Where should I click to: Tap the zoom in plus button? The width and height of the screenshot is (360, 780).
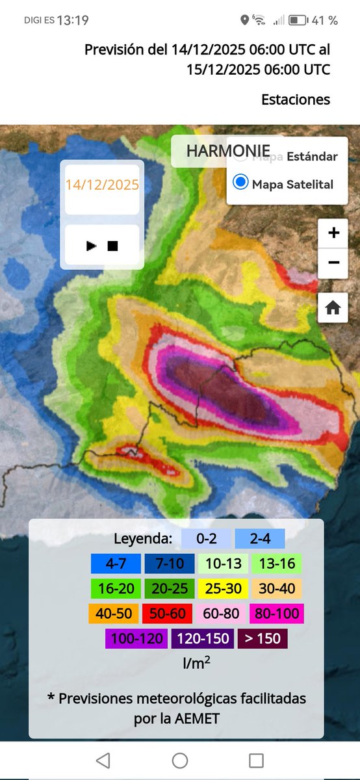coord(333,233)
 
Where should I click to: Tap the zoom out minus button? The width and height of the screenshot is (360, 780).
coord(333,263)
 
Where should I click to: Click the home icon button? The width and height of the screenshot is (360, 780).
coord(333,308)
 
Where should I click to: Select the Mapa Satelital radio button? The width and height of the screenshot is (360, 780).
coord(240,183)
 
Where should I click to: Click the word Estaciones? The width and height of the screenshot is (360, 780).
coord(296,99)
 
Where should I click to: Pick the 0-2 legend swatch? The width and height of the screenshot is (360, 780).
coord(206,538)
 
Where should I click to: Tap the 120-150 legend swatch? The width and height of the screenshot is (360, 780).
coord(202,638)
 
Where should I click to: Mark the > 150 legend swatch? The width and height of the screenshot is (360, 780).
coord(263,638)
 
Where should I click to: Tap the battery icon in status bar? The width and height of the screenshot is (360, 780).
coord(298,20)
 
